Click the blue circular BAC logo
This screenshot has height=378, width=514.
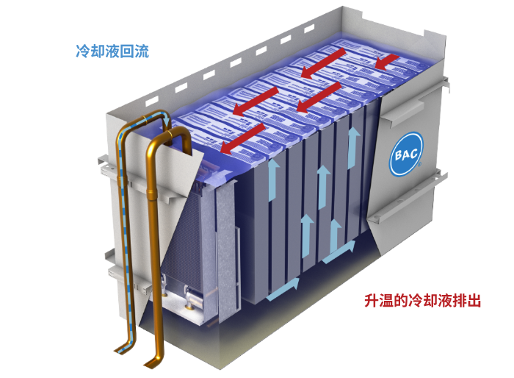(406, 154)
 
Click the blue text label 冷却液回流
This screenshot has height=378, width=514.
(112, 51)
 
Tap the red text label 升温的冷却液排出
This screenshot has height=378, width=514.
(422, 300)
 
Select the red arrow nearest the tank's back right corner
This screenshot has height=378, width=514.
(387, 62)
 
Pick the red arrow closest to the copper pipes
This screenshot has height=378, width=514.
(242, 138)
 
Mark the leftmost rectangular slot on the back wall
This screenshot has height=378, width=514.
(152, 101)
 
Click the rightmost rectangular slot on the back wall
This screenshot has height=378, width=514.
(309, 29)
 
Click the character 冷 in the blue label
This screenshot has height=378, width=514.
(83, 51)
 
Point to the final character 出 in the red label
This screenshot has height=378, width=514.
(474, 301)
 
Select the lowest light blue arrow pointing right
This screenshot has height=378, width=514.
(283, 289)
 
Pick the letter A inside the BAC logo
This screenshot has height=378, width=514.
(406, 154)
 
